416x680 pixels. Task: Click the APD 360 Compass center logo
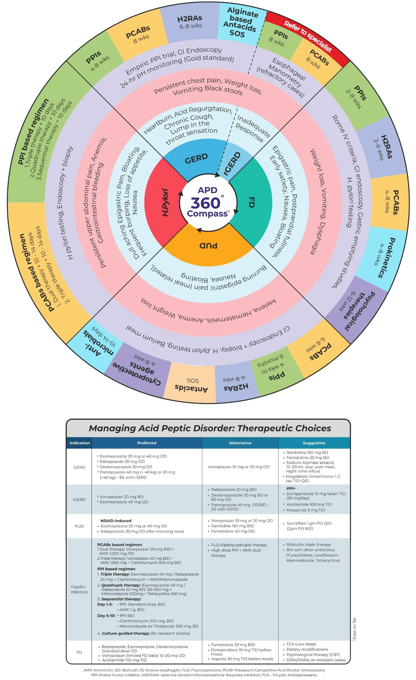[x=207, y=202]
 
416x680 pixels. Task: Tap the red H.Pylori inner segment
[x=165, y=202]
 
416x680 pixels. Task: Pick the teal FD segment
[x=251, y=202]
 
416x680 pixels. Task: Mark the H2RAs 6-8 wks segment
[x=190, y=22]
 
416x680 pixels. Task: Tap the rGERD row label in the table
[x=79, y=499]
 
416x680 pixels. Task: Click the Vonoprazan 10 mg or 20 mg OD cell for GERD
[x=239, y=467]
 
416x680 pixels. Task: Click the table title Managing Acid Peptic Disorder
[x=210, y=428]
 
